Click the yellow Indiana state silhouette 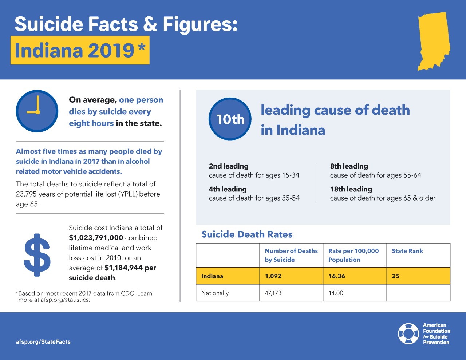434,41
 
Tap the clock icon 37,111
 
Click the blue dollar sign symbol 37,255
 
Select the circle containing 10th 230,119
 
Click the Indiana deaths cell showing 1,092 273,276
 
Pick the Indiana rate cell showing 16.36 337,276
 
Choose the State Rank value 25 396,276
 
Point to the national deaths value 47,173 273,293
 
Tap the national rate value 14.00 336,293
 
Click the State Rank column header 407,251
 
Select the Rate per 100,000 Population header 353,255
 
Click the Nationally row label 215,293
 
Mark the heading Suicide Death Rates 247,234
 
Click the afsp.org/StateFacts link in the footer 43,342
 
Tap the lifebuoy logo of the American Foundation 408,333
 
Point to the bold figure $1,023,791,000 96,238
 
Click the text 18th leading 351,189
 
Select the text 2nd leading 229,166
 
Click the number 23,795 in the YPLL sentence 26,194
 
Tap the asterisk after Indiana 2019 142,48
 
